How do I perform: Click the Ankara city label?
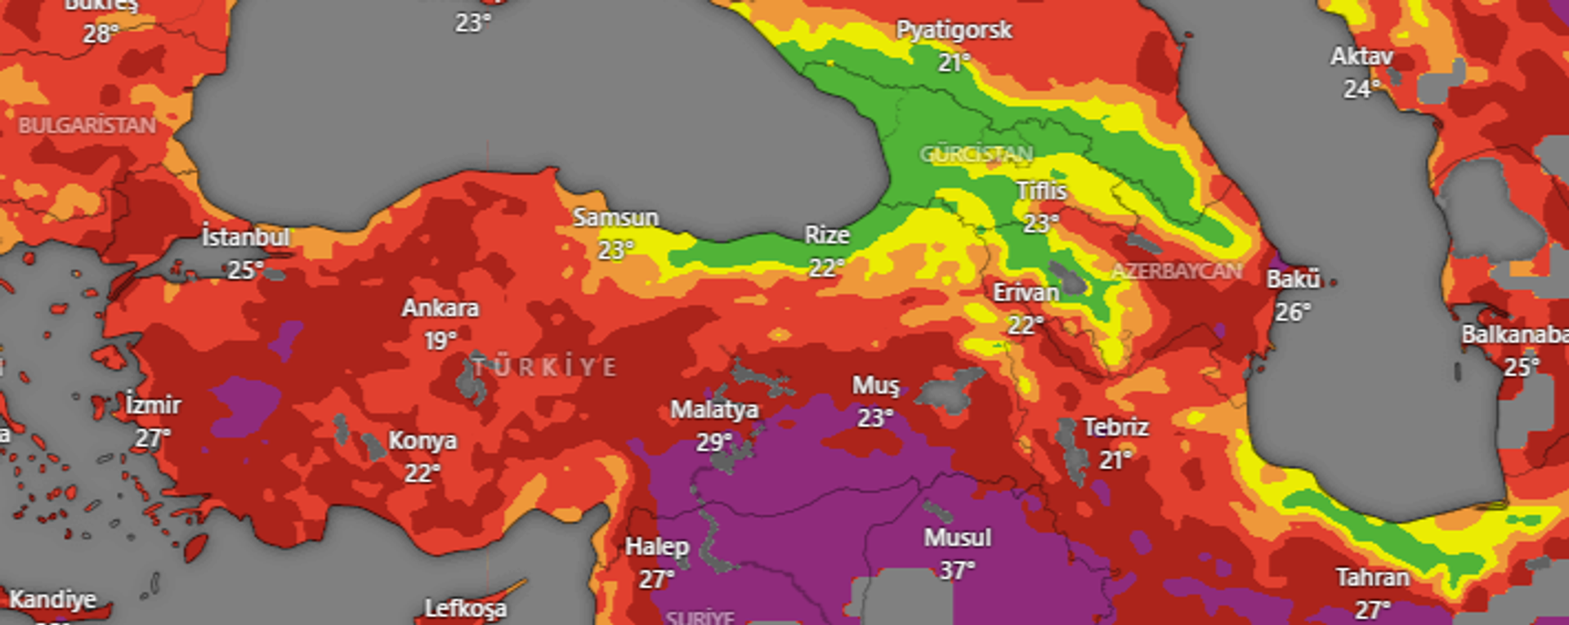pos(440,308)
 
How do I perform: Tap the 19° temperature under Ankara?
pos(440,340)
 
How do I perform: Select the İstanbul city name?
pos(245,238)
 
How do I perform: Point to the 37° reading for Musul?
pos(957,569)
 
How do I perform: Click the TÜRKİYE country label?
pos(544,367)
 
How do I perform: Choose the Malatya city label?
pos(714,409)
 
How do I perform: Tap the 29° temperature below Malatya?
pos(713,442)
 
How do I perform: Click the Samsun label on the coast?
pos(615,217)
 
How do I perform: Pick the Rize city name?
pos(827,235)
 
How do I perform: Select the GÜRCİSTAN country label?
pos(976,154)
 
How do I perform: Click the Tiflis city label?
pos(1041,190)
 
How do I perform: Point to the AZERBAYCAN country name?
pos(1176,271)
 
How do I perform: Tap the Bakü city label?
pos(1293,279)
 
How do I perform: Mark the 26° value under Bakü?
pos(1293,311)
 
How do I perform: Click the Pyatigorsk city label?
pos(954,30)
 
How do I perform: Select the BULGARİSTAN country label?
pos(87,125)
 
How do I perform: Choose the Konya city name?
pos(422,441)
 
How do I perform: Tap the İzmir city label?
pos(154,405)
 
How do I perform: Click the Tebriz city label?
pos(1115,427)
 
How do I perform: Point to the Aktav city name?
pos(1361,56)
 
